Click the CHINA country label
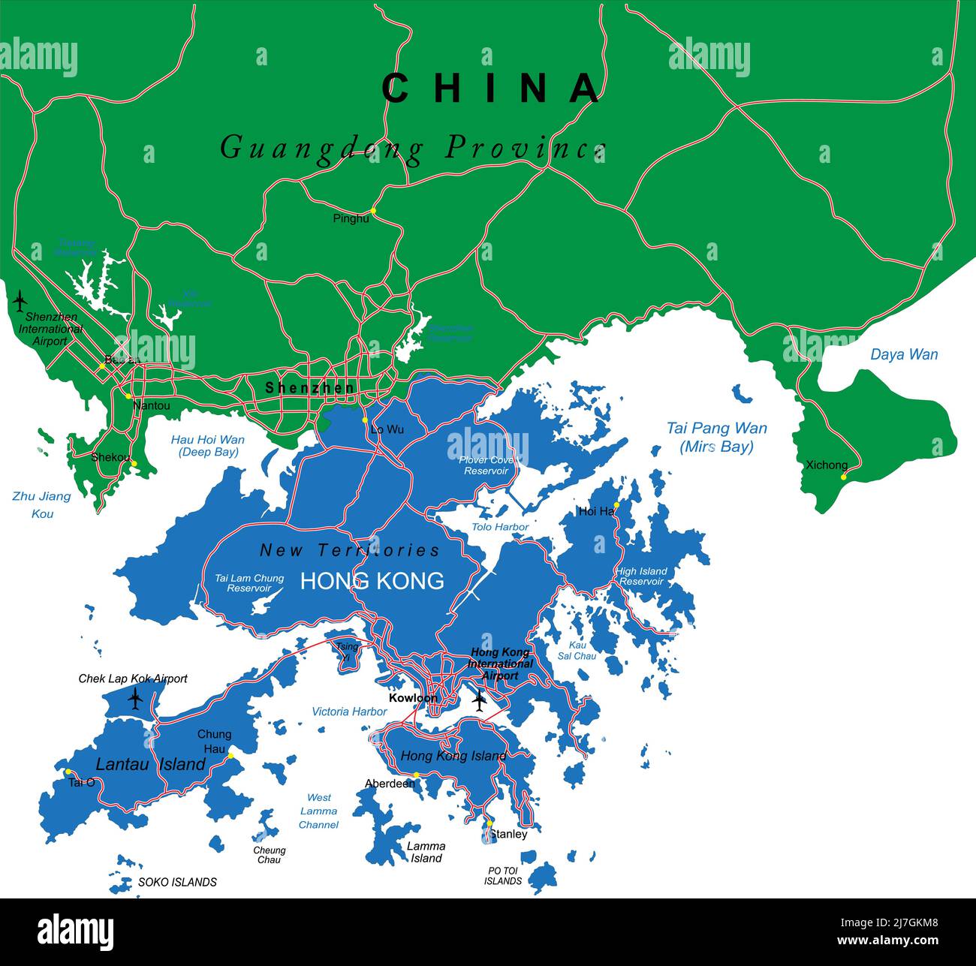[492, 88]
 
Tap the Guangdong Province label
[412, 147]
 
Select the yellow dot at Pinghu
[373, 210]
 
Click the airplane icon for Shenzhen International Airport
[20, 301]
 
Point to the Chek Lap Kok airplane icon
[135, 699]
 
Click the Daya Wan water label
[903, 354]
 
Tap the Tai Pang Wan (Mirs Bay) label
[716, 437]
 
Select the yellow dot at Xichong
[843, 477]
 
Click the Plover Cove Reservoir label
[486, 465]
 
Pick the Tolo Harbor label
[500, 527]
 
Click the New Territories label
[349, 550]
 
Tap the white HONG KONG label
[372, 580]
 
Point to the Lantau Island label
[150, 764]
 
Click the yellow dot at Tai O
[68, 772]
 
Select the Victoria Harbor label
[349, 711]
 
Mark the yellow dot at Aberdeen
[416, 775]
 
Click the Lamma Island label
[426, 852]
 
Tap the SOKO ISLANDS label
[177, 882]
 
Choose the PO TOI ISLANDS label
[502, 876]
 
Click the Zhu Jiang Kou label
[42, 504]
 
